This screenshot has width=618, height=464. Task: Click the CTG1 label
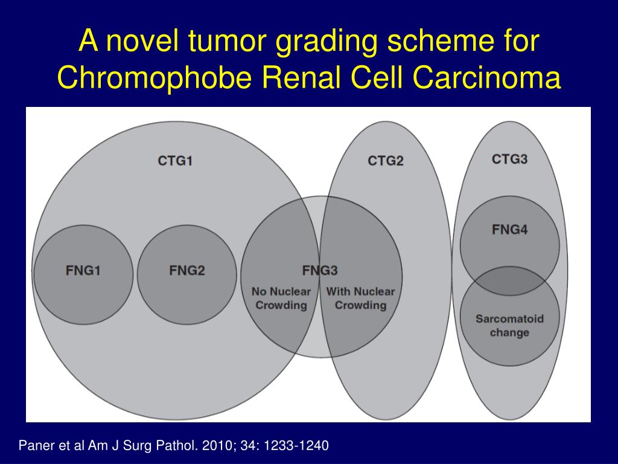175,161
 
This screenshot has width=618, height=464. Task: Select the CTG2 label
386,161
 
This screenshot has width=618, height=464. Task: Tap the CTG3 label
509,159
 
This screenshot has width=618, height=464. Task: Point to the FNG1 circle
83,275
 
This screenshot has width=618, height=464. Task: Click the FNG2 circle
187,275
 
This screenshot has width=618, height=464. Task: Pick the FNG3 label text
320,270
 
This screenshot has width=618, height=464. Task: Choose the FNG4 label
509,229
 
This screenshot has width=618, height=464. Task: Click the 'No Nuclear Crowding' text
281,298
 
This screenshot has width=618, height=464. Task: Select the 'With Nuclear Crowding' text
360,298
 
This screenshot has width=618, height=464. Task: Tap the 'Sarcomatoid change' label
509,326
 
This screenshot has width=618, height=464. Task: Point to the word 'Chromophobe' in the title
154,77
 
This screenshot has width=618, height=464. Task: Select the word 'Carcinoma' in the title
487,77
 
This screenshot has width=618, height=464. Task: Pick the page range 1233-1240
296,445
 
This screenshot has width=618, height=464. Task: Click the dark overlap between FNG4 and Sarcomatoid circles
509,281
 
